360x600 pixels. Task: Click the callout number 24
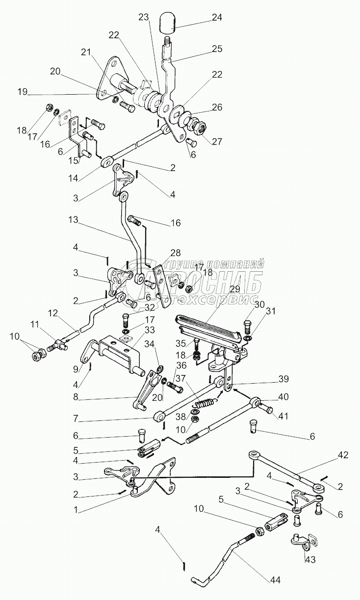[x=216, y=17]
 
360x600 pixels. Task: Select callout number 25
[x=216, y=49]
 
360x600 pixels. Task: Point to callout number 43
[x=310, y=559]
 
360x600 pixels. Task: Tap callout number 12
[x=53, y=313]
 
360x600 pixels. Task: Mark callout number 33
[x=149, y=330]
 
